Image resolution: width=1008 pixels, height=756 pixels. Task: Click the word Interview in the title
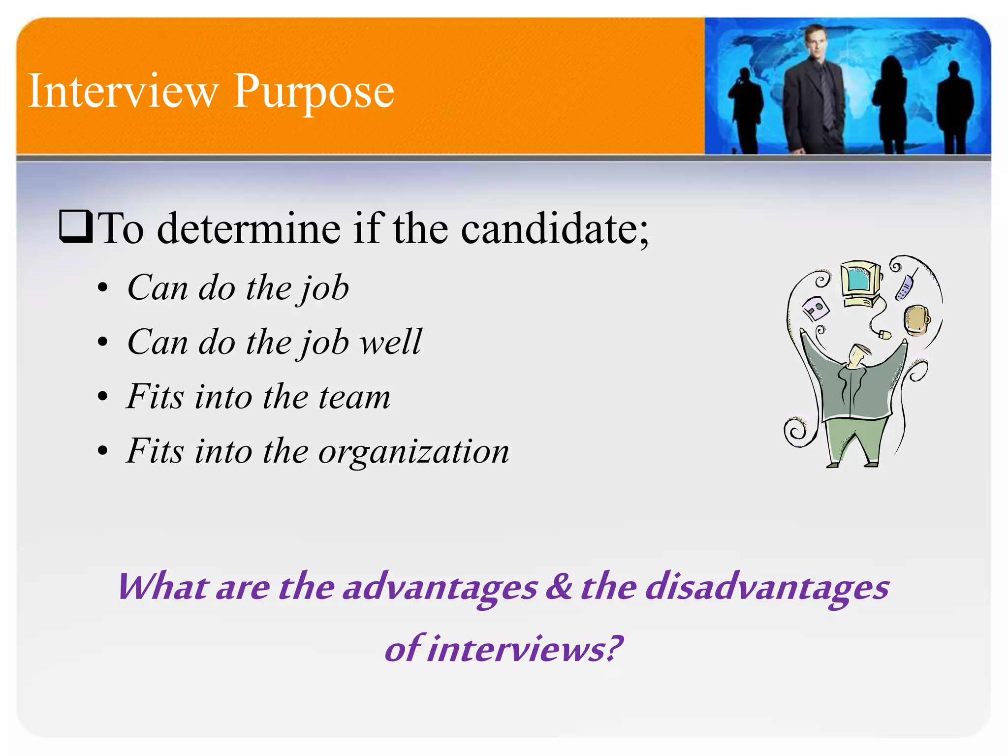[x=123, y=91]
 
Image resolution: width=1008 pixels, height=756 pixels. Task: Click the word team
[x=354, y=397]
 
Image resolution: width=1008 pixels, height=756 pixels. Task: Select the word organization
[x=413, y=452]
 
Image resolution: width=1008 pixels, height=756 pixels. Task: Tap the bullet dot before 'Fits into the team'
[x=102, y=397]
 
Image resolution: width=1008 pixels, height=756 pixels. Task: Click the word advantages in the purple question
[x=440, y=588]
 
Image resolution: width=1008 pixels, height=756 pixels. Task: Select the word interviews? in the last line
[x=525, y=649]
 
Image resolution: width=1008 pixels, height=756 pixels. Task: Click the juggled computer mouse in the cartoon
[x=884, y=335]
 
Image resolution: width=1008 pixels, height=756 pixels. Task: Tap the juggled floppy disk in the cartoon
[x=816, y=308]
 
